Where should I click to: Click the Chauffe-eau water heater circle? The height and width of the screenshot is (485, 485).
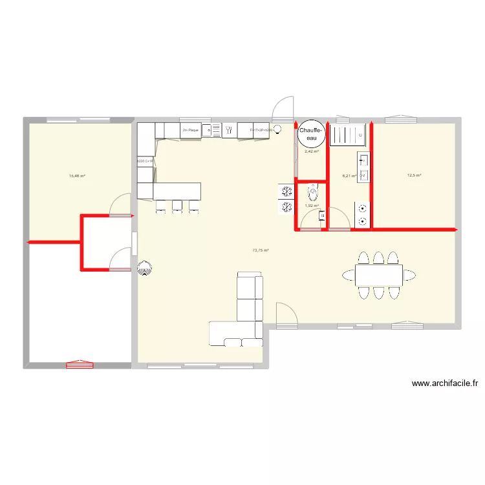click(x=310, y=134)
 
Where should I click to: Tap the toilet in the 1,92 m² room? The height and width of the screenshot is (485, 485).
click(x=314, y=192)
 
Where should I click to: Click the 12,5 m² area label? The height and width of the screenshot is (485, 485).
click(x=414, y=175)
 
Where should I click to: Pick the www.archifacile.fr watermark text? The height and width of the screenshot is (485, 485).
click(x=444, y=383)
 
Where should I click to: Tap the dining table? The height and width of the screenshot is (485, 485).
click(x=378, y=275)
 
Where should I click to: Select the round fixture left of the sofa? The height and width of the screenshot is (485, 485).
click(x=145, y=266)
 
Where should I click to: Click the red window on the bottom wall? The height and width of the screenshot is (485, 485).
click(x=80, y=365)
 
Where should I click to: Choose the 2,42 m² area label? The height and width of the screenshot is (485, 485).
click(x=311, y=152)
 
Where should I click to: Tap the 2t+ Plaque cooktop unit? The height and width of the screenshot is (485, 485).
click(x=191, y=131)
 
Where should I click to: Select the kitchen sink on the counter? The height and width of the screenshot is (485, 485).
click(x=228, y=131)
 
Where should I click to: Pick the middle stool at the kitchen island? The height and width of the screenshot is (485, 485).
click(x=177, y=206)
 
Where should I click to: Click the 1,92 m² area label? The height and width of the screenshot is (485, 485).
click(x=311, y=206)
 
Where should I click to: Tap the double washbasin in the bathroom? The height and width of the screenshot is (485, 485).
click(x=363, y=166)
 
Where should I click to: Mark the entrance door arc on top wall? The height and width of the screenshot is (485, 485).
click(x=284, y=109)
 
